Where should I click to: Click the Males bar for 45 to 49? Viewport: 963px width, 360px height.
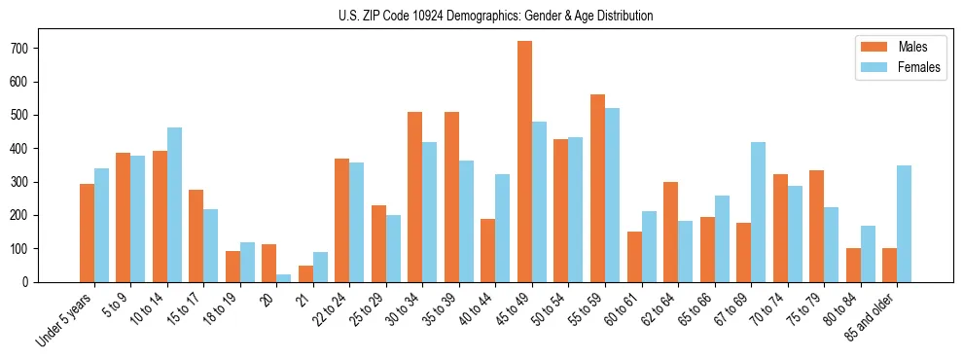pyautogui.click(x=524, y=162)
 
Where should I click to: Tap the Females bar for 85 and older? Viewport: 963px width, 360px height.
pyautogui.click(x=904, y=224)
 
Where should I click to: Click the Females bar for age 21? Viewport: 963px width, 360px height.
pyautogui.click(x=320, y=267)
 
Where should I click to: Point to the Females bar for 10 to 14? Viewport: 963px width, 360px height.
pyautogui.click(x=174, y=204)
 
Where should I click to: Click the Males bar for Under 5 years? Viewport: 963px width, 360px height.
pyautogui.click(x=87, y=233)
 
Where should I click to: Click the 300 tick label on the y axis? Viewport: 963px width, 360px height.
pyautogui.click(x=28, y=182)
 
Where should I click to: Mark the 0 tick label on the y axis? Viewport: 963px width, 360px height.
pyautogui.click(x=33, y=282)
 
